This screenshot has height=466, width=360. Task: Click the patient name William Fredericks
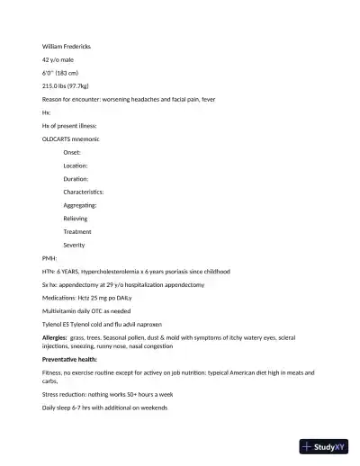tap(67, 46)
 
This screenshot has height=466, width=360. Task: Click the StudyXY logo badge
tap(323, 446)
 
